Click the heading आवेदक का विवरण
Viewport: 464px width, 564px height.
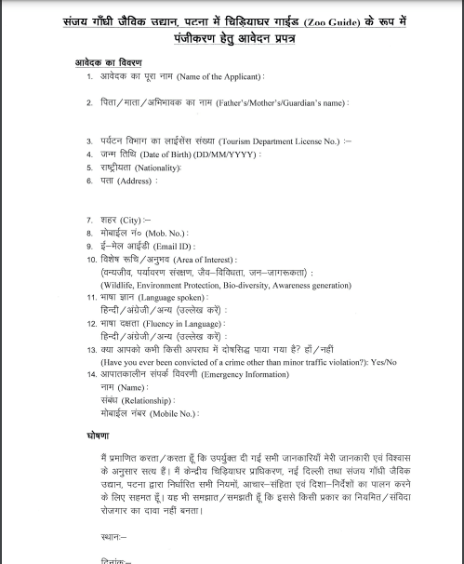click(109, 62)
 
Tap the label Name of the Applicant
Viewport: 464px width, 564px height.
click(219, 76)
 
